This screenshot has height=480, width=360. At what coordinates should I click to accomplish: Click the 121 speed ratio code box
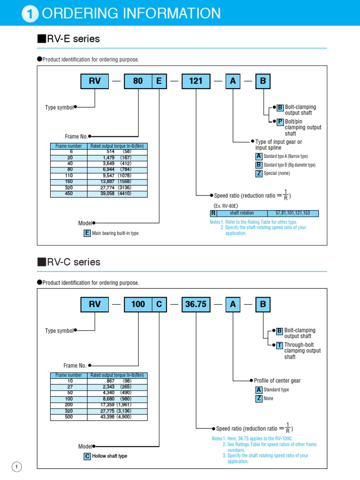196,81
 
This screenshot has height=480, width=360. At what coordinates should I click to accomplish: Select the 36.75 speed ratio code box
196,304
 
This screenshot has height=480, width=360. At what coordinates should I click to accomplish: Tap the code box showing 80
138,81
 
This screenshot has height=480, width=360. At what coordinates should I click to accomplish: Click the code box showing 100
138,304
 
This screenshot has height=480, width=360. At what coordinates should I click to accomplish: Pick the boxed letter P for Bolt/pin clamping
280,121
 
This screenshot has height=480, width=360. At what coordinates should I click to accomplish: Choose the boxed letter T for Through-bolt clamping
279,345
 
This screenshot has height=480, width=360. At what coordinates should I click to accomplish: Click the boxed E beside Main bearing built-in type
87,233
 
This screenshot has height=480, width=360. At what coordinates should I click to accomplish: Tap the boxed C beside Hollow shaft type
87,456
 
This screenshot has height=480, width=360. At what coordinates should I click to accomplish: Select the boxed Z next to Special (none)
259,173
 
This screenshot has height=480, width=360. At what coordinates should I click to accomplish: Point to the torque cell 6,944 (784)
117,170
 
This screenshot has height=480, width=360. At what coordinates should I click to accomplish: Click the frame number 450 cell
69,194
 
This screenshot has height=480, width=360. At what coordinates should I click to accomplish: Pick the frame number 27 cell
69,387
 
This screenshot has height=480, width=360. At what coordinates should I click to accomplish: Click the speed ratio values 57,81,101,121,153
292,213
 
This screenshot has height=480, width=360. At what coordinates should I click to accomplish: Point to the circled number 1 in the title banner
30,14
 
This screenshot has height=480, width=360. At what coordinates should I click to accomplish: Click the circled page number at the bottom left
16,467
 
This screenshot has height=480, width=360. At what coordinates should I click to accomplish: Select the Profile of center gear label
277,381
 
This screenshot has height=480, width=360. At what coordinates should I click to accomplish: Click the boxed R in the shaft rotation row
213,213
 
